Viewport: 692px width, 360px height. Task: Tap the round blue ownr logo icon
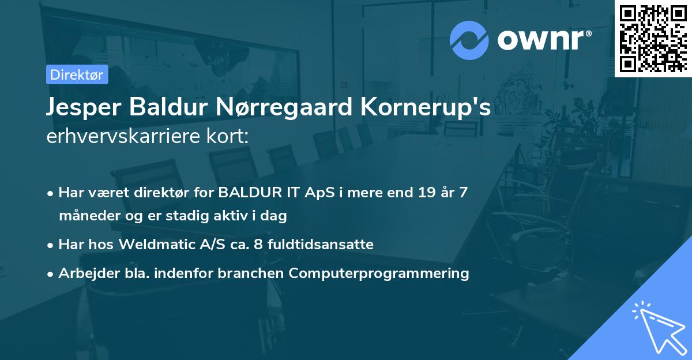click(469, 40)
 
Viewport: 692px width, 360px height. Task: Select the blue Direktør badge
click(77, 74)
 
